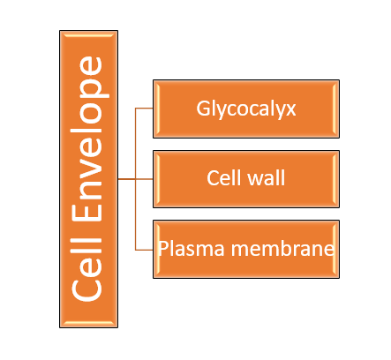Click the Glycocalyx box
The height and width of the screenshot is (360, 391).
[x=246, y=109]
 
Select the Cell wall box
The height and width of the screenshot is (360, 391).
[x=246, y=179]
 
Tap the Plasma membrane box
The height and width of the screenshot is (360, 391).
[x=246, y=249]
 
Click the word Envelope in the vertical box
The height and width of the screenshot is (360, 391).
[x=90, y=139]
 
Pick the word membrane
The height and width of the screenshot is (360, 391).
[x=282, y=249]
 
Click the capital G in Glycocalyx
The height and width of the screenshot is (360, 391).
[x=203, y=109]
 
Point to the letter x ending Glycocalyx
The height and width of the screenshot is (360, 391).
[x=290, y=110]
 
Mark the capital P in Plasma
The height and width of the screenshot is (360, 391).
[x=163, y=249]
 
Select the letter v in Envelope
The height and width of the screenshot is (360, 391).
[x=91, y=161]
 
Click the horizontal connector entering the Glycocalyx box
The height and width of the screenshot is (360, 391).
[x=144, y=109]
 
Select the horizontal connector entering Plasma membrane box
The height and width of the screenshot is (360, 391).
[x=144, y=250]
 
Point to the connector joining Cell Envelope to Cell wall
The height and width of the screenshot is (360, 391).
[x=135, y=179]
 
